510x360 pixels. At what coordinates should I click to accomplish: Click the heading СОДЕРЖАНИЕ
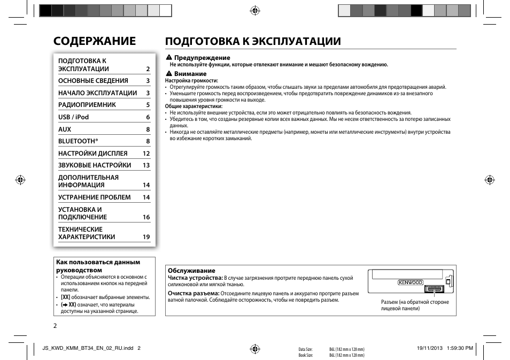[94, 41]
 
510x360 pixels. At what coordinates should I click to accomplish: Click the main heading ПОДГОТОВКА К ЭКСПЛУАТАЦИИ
[253, 41]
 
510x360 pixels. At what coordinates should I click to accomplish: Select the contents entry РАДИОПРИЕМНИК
[87, 105]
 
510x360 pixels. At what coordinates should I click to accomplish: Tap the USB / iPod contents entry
[73, 117]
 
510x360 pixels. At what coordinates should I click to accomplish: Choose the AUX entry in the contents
[65, 129]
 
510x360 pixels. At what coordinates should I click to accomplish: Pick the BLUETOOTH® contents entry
[78, 141]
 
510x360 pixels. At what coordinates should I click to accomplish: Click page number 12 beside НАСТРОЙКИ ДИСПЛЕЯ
[146, 154]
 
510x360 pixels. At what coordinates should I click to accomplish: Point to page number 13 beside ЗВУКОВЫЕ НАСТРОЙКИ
[146, 166]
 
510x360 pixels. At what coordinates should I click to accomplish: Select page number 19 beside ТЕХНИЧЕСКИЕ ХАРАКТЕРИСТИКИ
[146, 237]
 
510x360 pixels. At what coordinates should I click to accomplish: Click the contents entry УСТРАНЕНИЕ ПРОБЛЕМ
[94, 197]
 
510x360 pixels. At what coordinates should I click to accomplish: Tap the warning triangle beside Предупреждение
[168, 57]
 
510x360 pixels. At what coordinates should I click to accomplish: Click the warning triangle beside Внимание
[168, 74]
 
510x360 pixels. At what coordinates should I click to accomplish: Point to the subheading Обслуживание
[191, 271]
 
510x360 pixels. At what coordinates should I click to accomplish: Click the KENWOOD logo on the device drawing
[409, 282]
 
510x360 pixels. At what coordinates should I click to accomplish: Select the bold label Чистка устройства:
[195, 278]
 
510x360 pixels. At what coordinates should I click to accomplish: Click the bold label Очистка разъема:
[194, 293]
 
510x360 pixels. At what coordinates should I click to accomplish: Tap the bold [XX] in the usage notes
[66, 297]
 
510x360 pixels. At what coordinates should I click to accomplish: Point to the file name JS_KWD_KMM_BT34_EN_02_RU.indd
[87, 348]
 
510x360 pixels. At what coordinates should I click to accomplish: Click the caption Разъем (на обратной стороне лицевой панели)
[415, 305]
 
